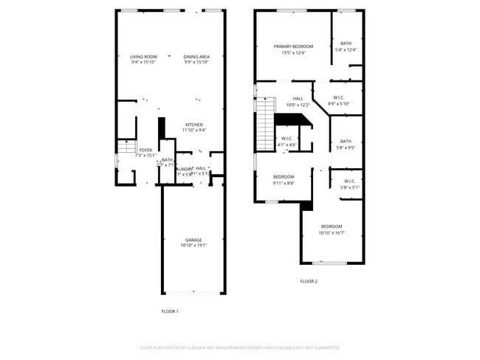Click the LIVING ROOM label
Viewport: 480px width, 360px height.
coord(143,57)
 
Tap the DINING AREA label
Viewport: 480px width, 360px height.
coord(196,57)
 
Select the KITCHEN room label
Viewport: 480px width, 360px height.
coord(194,125)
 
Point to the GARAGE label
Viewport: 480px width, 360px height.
coord(193,240)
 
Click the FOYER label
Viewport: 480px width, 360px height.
coord(145,150)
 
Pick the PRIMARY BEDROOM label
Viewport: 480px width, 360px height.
coord(293,46)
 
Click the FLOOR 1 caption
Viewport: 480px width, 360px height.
coord(170,311)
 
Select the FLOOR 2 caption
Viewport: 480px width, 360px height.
coord(309,281)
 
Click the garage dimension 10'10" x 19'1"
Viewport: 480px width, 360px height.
coord(193,245)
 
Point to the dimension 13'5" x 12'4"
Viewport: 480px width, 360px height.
coord(293,52)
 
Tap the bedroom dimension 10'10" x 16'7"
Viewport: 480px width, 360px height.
coord(332,232)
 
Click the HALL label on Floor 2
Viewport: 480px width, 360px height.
coord(298,99)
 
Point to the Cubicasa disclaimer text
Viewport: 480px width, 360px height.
coord(239,347)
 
